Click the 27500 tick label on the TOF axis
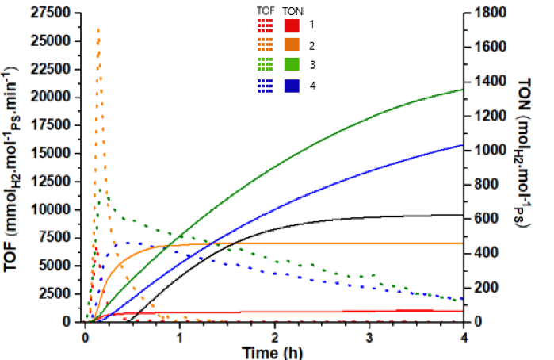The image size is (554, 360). click(51, 13)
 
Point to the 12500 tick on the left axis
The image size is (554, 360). click(51, 182)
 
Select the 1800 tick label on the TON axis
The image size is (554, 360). click(490, 13)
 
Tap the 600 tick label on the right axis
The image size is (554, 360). click(486, 218)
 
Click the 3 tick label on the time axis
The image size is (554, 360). click(369, 338)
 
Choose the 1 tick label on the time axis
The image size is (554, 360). click(179, 338)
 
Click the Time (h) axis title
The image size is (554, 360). click(272, 353)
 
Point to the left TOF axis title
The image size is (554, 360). click(12, 170)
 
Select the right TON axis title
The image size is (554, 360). click(523, 153)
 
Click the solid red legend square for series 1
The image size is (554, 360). click(292, 25)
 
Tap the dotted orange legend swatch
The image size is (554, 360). click(265, 44)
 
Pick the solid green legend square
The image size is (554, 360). click(292, 64)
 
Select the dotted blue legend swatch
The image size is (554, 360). click(265, 86)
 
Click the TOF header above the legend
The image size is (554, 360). click(266, 11)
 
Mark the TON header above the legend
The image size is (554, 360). click(293, 12)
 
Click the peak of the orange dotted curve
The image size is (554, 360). click(98, 30)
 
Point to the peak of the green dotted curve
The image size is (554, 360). click(101, 190)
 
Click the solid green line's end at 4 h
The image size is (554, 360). click(463, 90)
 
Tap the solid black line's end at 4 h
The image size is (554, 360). click(463, 215)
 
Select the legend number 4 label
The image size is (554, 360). click(312, 86)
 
